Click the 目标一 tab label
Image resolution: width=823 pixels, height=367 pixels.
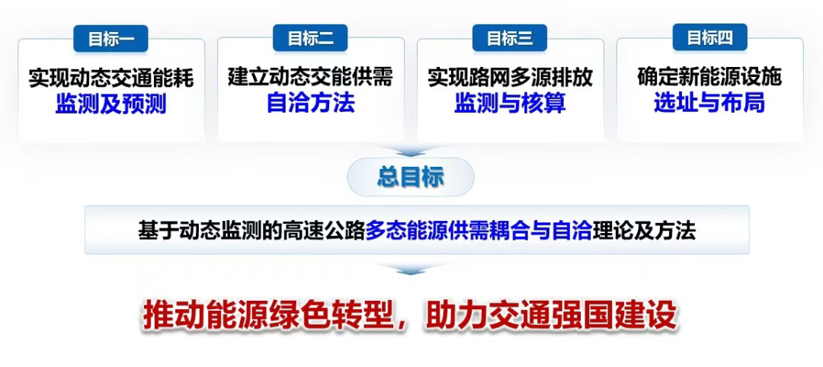pos(110,38)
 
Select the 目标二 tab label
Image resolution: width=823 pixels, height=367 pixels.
pos(310,38)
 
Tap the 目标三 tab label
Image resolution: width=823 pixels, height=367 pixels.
pos(510,38)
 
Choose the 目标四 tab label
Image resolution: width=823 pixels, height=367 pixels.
pos(709,38)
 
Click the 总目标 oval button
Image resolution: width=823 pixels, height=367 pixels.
pos(411,178)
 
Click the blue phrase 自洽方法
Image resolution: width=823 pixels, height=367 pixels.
pos(311,104)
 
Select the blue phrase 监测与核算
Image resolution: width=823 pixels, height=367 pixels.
pos(510,104)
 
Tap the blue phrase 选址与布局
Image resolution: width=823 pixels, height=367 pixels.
pos(709,104)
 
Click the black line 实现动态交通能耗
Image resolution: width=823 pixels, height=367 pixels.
pos(110,78)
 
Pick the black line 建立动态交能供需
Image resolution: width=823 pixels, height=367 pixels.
pos(311,78)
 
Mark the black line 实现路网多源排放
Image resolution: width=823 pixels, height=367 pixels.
pos(510,78)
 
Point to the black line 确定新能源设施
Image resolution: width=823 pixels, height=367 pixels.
pos(709,78)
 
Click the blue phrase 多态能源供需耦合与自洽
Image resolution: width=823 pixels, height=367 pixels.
pos(479,231)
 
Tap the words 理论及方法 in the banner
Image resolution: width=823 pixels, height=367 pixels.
pos(644,231)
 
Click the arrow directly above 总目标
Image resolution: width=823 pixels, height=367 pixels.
pos(411,152)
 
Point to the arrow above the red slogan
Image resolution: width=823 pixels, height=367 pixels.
pos(411,270)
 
